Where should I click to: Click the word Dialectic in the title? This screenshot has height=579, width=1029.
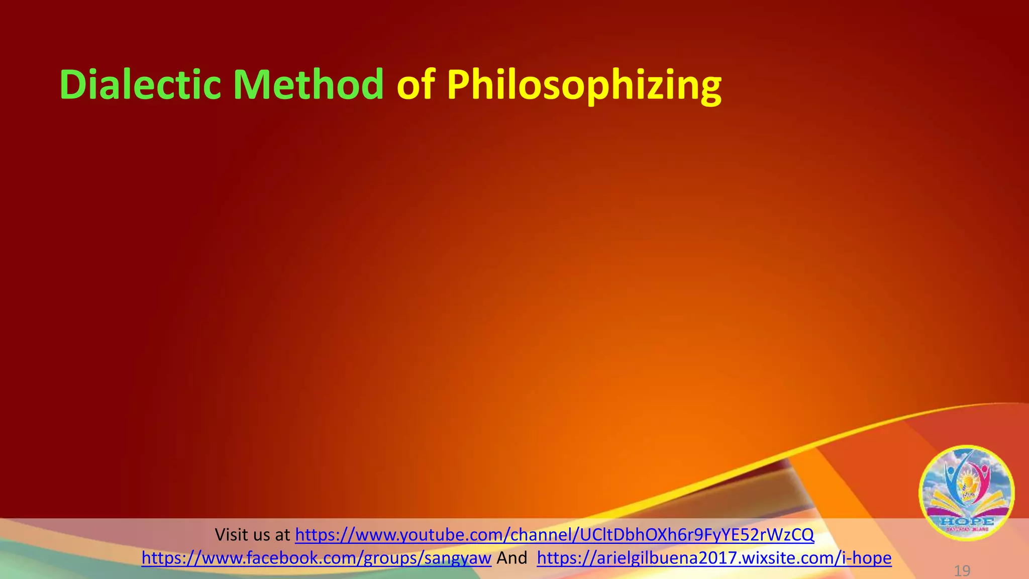[x=140, y=84]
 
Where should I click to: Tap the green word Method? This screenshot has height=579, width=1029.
[x=308, y=84]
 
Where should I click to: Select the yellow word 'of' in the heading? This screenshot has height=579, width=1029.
[x=416, y=84]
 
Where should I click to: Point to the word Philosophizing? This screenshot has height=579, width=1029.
[x=584, y=85]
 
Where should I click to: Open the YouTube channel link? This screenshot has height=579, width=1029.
[x=554, y=535]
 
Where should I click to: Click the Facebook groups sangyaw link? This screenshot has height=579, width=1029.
[x=316, y=558]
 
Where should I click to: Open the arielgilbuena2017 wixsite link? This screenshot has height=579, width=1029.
[x=714, y=558]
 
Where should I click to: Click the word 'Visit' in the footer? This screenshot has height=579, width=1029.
[x=233, y=535]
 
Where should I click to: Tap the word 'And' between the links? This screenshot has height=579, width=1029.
[x=511, y=558]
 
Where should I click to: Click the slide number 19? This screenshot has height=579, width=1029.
[x=962, y=571]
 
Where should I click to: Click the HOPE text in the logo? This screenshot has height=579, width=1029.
[x=966, y=521]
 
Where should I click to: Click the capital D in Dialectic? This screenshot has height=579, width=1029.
[x=73, y=84]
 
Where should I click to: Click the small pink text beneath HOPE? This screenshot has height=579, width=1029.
[x=966, y=530]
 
